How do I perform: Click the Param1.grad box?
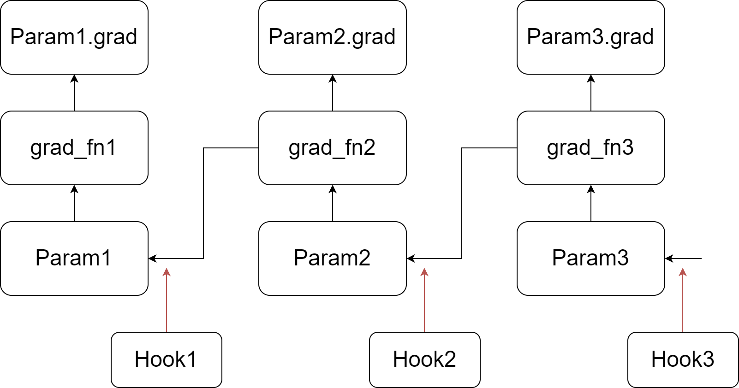click(x=74, y=37)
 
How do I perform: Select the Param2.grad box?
click(x=332, y=37)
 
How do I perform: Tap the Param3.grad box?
click(x=590, y=37)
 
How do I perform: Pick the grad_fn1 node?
click(x=74, y=147)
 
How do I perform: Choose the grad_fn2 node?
click(x=332, y=147)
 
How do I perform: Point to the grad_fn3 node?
click(x=590, y=147)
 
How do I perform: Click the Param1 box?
click(x=74, y=258)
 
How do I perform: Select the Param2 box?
click(x=332, y=258)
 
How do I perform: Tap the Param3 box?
click(x=590, y=258)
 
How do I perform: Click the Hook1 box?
click(x=166, y=359)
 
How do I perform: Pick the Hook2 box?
click(x=424, y=359)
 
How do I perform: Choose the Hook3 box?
click(x=683, y=359)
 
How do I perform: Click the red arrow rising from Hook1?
click(x=167, y=302)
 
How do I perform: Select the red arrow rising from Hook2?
click(x=424, y=302)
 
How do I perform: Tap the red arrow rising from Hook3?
click(x=683, y=302)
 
